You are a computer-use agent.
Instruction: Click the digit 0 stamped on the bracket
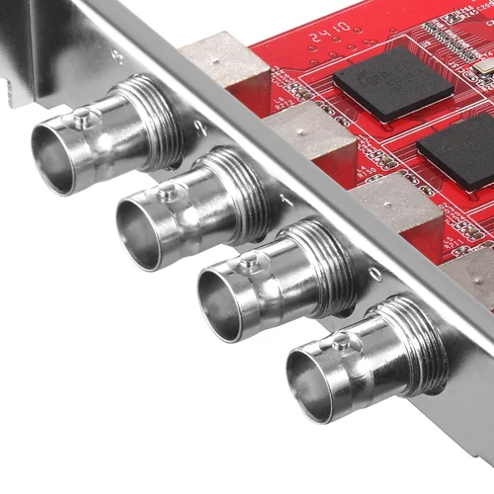[372, 272]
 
